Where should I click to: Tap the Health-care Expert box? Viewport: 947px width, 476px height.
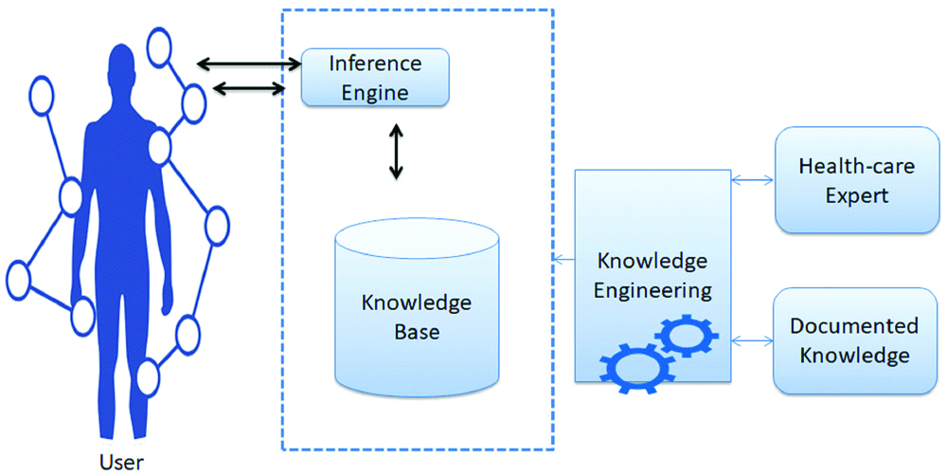(843, 180)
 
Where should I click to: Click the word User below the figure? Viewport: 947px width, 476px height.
(121, 463)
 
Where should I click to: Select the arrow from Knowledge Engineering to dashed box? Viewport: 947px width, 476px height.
(564, 259)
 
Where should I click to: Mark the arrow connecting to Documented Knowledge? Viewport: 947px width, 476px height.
(753, 338)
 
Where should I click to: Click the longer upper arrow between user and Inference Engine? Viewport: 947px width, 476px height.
(249, 64)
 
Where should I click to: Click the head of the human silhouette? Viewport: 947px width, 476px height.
(122, 66)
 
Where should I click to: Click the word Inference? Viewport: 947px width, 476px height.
(374, 64)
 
